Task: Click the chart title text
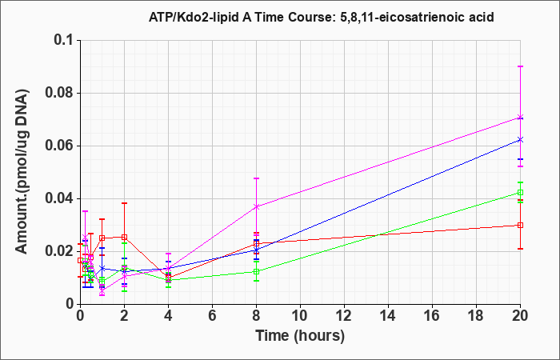[321, 17]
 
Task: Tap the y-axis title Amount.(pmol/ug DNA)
[22, 173]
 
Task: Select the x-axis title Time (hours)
[300, 336]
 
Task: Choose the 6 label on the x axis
[213, 316]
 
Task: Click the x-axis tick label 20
[520, 316]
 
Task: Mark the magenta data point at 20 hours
[520, 117]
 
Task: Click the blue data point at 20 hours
[520, 140]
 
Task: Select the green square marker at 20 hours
[520, 193]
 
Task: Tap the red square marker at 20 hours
[520, 225]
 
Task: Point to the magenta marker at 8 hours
[257, 206]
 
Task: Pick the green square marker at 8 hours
[257, 271]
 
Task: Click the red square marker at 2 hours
[124, 237]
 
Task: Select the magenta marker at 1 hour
[102, 290]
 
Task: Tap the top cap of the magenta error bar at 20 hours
[520, 66]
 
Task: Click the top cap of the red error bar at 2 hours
[124, 203]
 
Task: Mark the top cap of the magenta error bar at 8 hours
[257, 178]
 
